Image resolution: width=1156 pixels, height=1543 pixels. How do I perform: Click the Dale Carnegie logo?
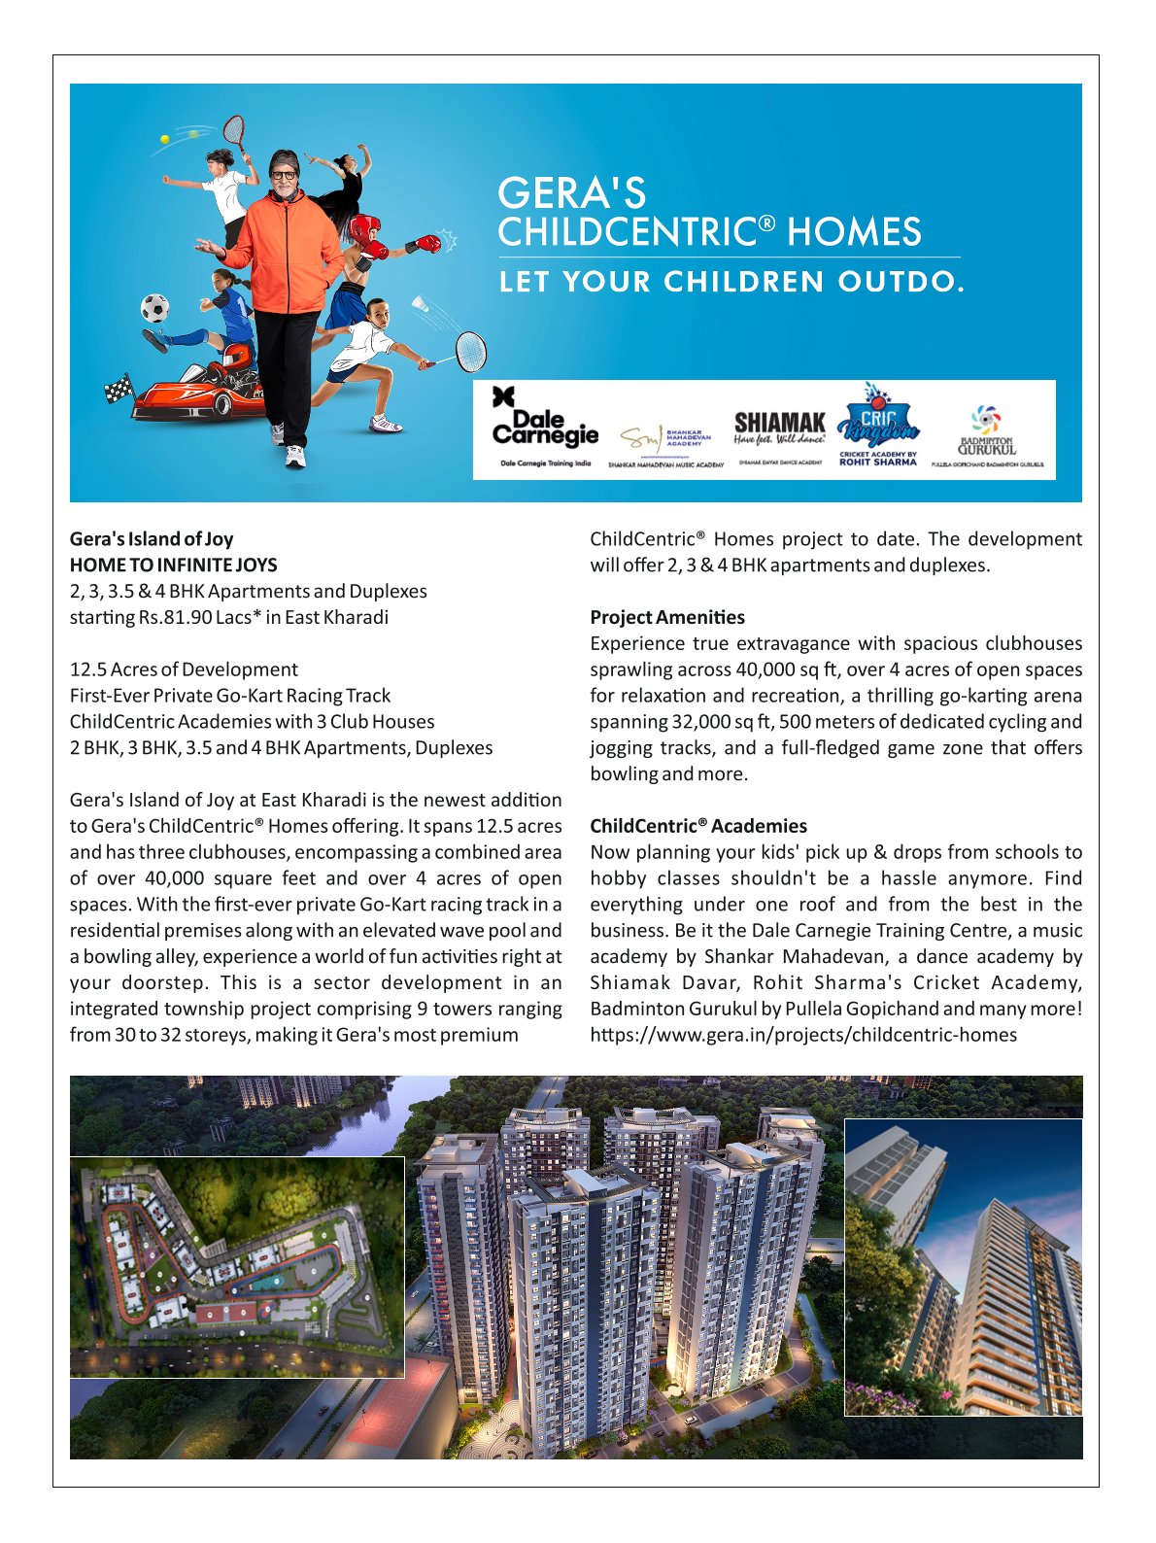544,427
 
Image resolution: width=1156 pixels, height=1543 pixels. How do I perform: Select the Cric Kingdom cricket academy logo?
877,425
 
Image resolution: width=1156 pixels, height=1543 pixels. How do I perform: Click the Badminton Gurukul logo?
986,432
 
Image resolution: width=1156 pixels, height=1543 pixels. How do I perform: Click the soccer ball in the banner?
154,308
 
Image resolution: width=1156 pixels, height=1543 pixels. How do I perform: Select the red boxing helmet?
363,231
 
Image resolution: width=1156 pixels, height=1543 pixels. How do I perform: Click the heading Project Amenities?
667,617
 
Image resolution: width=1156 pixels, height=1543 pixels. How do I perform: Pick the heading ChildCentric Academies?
698,826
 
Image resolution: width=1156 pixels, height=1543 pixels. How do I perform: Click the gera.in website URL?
803,1035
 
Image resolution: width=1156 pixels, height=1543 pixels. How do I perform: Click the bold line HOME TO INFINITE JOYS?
173,565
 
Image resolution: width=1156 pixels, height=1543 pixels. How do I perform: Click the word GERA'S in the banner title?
571,192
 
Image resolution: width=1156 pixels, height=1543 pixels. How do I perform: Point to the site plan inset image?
237,1266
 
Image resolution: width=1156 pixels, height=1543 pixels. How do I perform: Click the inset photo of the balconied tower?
963,1266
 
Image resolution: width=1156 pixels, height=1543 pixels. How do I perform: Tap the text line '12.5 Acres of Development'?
184,669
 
